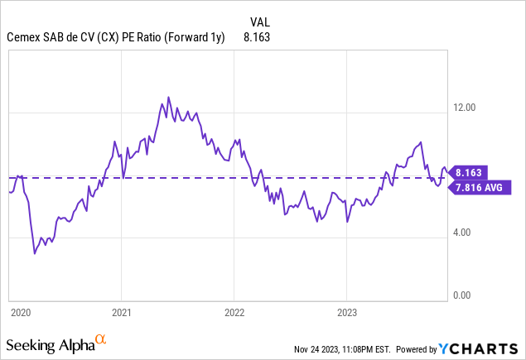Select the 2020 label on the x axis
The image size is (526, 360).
21,313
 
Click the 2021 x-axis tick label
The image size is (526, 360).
121,313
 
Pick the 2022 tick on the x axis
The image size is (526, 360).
234,313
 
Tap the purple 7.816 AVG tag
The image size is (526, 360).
479,188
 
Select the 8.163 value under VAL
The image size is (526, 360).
257,37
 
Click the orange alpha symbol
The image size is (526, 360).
100,338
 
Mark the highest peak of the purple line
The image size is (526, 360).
168,97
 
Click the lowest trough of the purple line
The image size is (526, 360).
34,253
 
